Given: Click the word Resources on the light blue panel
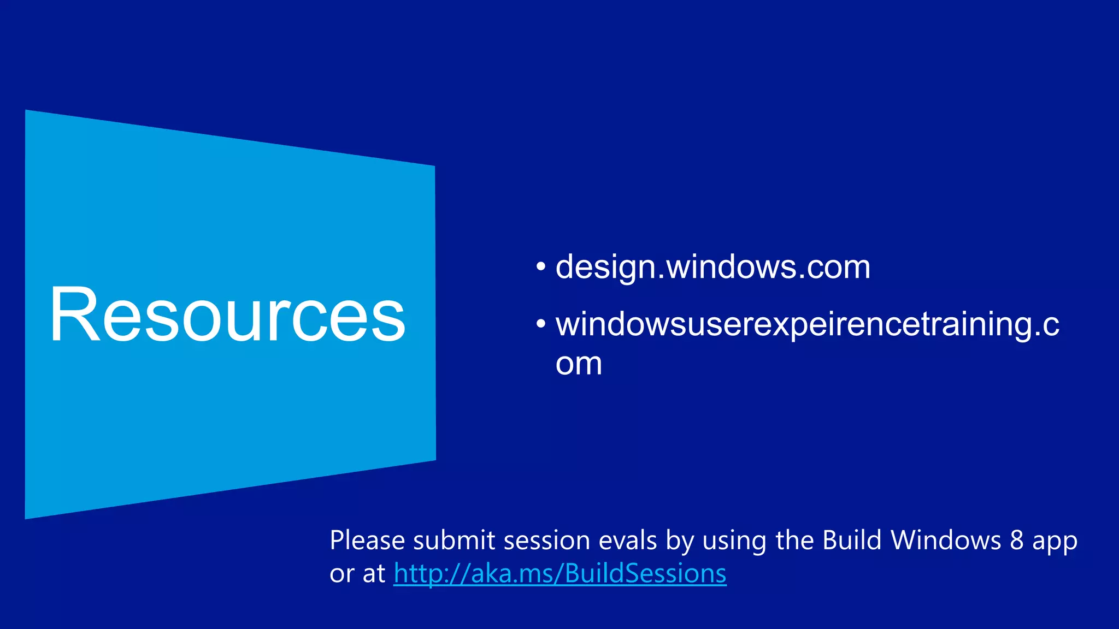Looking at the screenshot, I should (227, 316).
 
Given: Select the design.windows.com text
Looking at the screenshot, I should (712, 267).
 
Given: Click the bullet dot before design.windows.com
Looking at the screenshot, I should (541, 267).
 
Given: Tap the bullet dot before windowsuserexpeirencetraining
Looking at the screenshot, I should (541, 324).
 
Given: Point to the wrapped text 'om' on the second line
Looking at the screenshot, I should (579, 364).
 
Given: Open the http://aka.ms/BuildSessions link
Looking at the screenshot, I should (560, 573).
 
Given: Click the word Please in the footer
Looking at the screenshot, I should (367, 541).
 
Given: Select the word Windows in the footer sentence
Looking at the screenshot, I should (946, 541).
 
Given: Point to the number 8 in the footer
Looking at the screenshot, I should (1017, 541).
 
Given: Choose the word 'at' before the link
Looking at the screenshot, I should (374, 573).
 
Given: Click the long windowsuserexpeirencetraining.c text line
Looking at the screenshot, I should (807, 324).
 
